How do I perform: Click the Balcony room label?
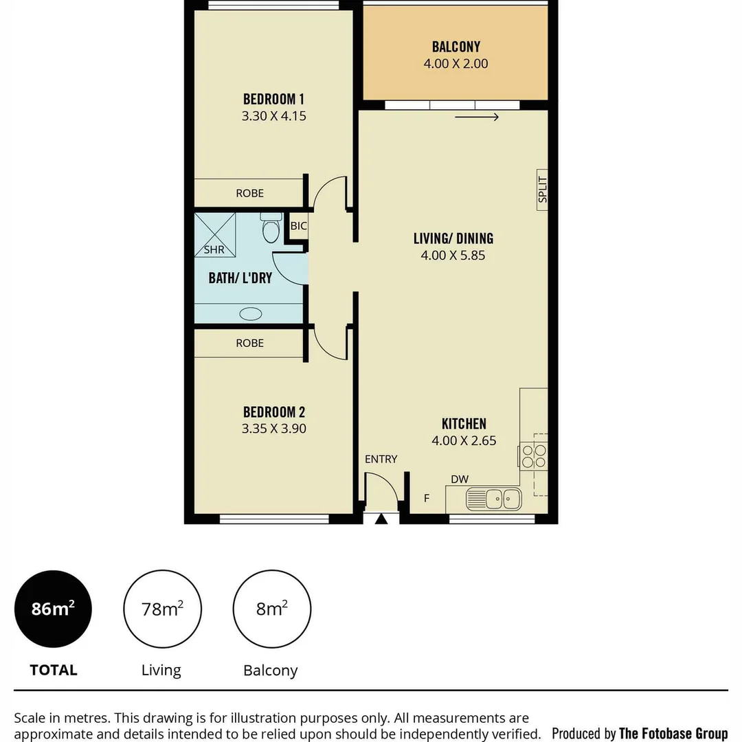coord(456,47)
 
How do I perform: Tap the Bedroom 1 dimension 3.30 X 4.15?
coord(273,116)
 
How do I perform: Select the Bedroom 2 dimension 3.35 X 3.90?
coord(273,429)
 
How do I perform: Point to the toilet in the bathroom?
coord(271,228)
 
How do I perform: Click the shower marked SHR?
coord(214,235)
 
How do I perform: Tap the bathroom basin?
coord(250,314)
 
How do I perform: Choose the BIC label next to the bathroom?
coord(298,225)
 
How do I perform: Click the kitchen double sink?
coord(493,498)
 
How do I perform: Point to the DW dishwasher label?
coord(459,479)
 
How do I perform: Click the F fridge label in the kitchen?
coord(427,498)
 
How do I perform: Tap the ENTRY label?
coord(381,459)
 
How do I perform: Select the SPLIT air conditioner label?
coord(542,190)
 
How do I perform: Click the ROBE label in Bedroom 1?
coord(249,193)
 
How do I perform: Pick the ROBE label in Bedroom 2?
coord(249,343)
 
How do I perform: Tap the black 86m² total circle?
coord(53,609)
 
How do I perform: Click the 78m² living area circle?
coord(162,609)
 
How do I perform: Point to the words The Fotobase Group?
coord(673,733)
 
